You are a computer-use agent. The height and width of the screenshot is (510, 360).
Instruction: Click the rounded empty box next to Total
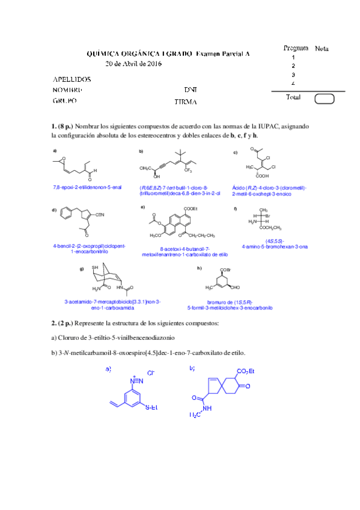(325, 99)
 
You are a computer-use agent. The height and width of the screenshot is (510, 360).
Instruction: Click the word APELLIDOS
(72, 79)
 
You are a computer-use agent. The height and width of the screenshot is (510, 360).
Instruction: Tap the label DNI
(191, 90)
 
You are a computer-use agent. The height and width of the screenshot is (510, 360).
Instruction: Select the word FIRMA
(186, 102)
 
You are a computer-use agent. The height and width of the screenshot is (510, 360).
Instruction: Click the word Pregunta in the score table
(295, 48)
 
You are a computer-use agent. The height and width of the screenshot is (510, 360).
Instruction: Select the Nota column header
(322, 49)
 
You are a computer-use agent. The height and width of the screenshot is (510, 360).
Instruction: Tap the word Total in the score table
(293, 97)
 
